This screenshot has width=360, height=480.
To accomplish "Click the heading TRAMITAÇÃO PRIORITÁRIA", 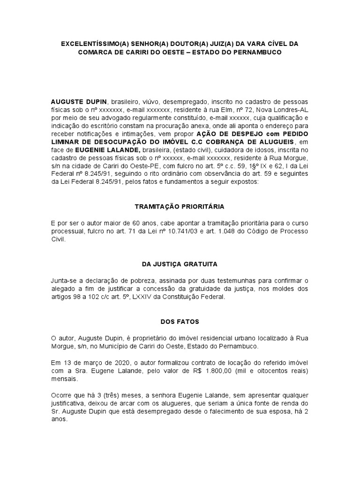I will pyautogui.click(x=180, y=206).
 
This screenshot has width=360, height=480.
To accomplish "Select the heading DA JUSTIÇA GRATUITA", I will pyautogui.click(x=180, y=264).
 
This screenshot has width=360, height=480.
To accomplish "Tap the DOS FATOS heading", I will pyautogui.click(x=180, y=322).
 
